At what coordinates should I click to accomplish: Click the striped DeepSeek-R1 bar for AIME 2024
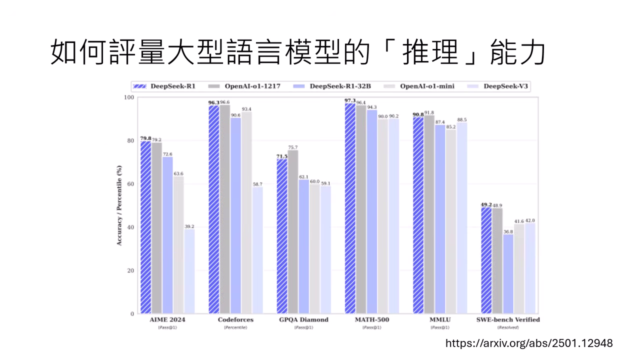(145, 227)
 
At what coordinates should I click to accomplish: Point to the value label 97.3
(350, 100)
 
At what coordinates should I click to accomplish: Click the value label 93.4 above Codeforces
(246, 109)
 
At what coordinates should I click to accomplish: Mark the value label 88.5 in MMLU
(461, 120)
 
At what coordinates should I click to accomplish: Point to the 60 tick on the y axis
(131, 184)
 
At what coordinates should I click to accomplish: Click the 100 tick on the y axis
(129, 97)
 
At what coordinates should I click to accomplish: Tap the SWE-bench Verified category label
(508, 319)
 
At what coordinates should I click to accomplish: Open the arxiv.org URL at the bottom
(528, 343)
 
